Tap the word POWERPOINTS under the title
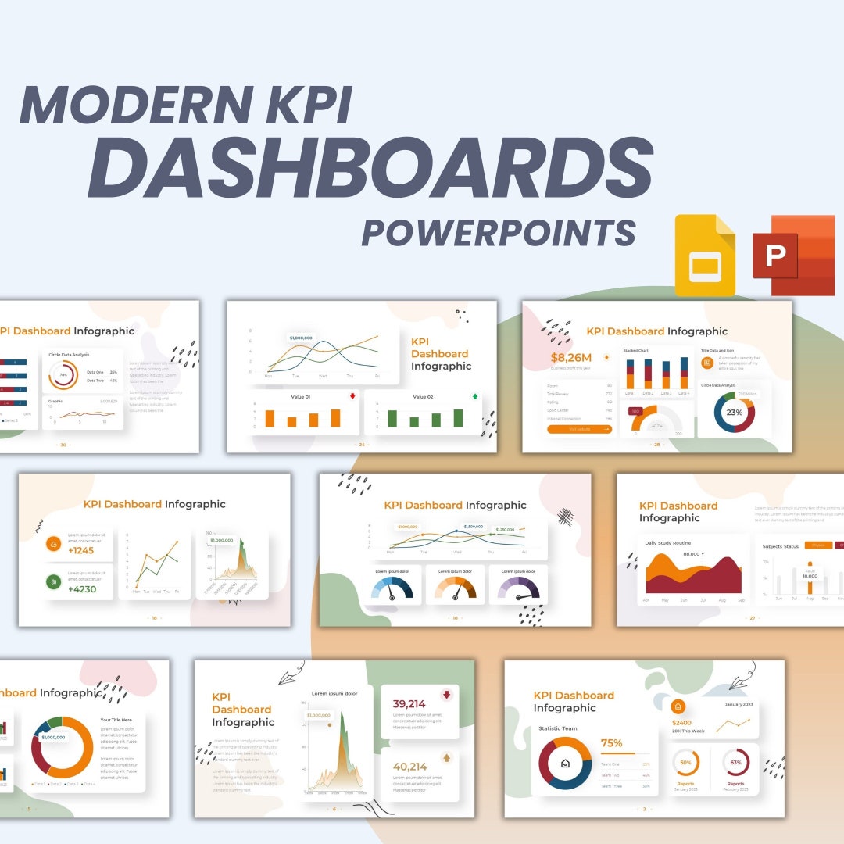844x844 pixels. point(499,232)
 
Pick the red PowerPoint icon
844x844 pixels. point(792,255)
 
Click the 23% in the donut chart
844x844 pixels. point(735,412)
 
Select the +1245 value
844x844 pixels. point(81,550)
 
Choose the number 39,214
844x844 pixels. point(409,703)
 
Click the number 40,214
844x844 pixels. point(409,767)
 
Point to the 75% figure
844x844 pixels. point(611,743)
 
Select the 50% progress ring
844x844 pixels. point(685,762)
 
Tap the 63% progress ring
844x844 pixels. point(735,762)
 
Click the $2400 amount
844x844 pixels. point(681,723)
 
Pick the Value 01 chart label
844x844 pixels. point(301,397)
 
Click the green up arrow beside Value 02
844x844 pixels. point(474,396)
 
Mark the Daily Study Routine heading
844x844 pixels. point(667,542)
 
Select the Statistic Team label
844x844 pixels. point(558,728)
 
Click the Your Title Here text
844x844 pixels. point(116,720)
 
